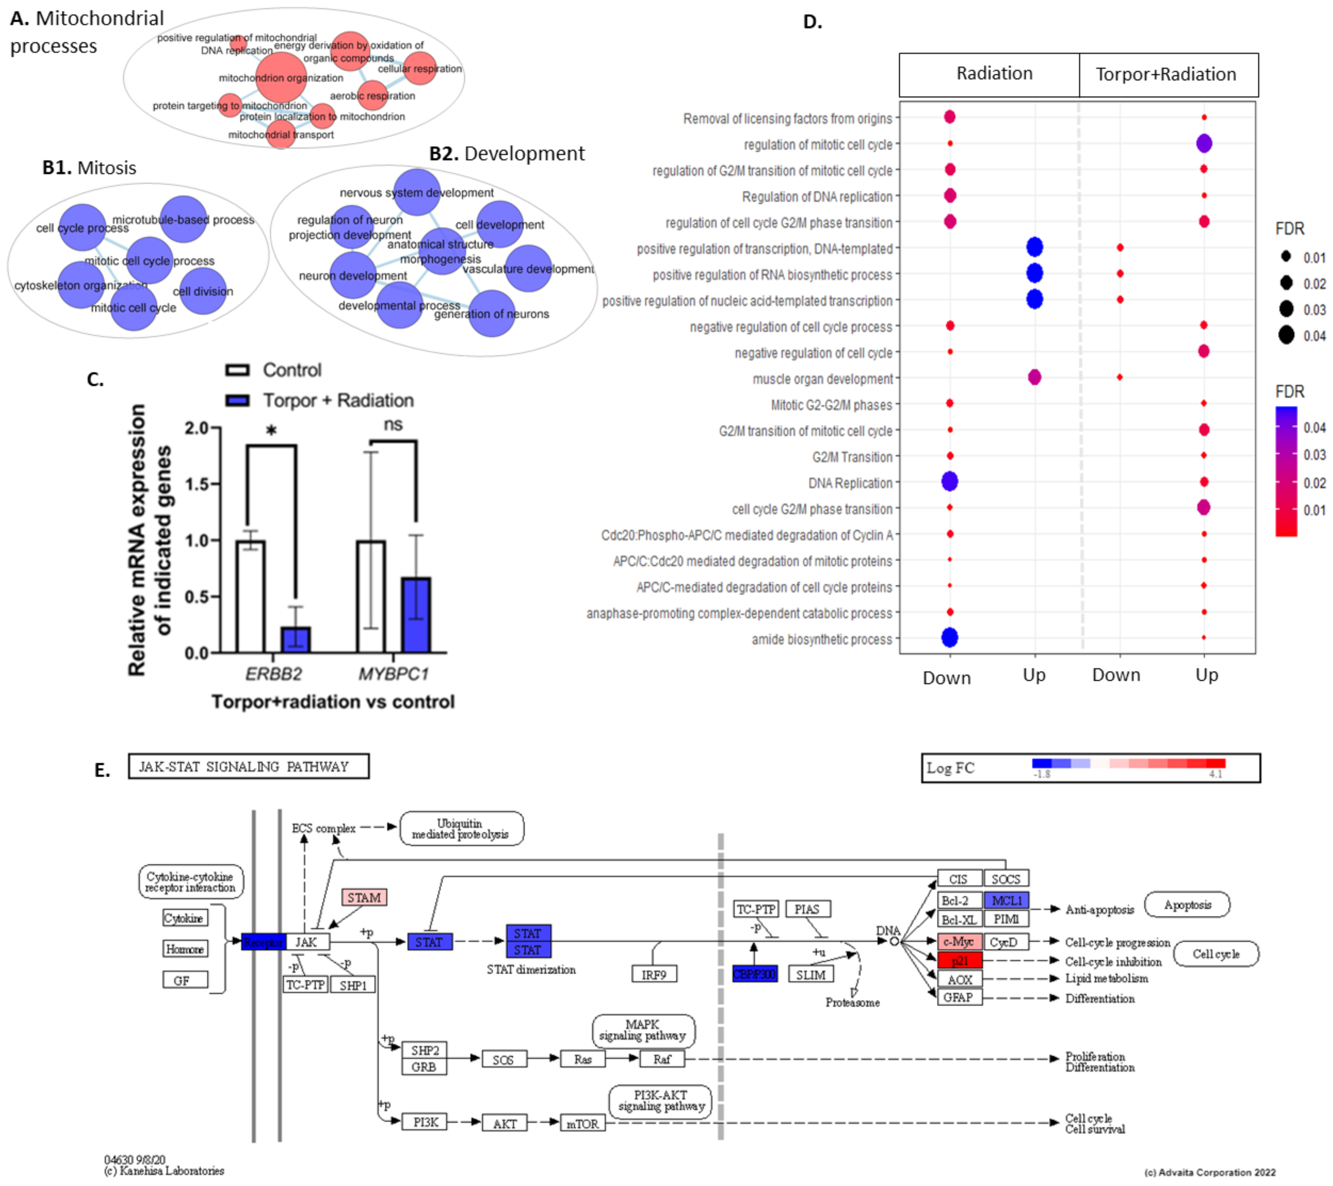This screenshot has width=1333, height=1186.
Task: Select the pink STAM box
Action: [x=364, y=898]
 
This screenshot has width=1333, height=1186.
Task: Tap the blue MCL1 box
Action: [x=1006, y=900]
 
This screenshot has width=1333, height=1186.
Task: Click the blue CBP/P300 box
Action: [x=754, y=974]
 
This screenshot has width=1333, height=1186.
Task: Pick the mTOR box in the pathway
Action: [x=582, y=1123]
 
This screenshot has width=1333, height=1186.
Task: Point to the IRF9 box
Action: [x=654, y=974]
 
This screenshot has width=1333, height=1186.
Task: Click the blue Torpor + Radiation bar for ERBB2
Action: [x=295, y=640]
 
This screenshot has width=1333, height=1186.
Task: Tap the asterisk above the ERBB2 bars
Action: [x=271, y=430]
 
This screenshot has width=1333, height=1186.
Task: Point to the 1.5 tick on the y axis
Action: [x=197, y=484]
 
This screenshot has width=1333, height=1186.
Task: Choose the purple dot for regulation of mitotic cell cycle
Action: [x=1204, y=144]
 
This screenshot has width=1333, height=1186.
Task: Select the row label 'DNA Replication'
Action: [x=850, y=483]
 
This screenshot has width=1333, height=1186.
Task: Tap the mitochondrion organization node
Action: [x=280, y=78]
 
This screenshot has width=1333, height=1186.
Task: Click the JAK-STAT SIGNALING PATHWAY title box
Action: [x=248, y=766]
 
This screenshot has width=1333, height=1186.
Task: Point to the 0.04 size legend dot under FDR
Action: [x=1286, y=335]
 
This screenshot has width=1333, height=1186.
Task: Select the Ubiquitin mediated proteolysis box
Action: [x=461, y=829]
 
